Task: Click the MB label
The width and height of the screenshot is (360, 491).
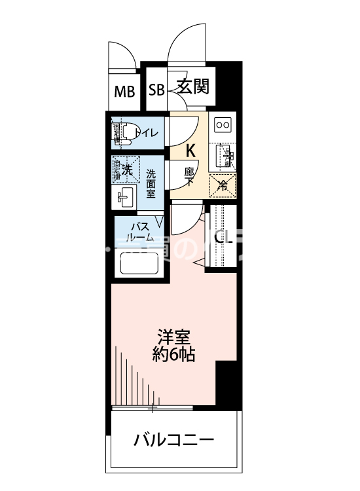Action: (125, 91)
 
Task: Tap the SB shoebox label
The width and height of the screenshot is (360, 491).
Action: (156, 90)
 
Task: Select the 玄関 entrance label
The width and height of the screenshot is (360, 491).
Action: (192, 87)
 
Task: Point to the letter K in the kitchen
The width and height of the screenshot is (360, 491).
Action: (190, 150)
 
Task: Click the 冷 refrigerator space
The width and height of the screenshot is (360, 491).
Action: (223, 185)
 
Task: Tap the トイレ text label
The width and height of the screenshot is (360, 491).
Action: (147, 133)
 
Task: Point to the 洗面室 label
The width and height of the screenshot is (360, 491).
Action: (151, 184)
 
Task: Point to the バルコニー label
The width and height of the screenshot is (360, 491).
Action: (173, 439)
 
